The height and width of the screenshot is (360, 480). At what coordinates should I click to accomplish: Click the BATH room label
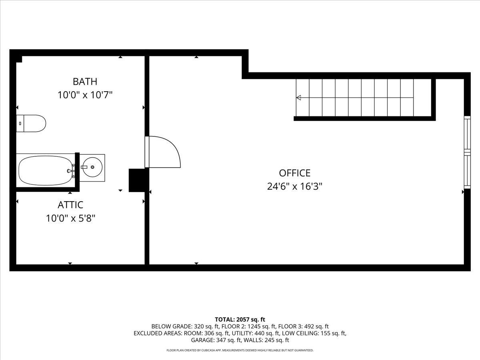tap(85, 82)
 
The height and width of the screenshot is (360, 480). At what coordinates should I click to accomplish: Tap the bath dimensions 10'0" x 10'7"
tap(85, 95)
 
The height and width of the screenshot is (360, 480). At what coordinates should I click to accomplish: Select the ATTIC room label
tap(70, 205)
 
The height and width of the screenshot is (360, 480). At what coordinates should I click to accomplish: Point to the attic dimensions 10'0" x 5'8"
tap(70, 218)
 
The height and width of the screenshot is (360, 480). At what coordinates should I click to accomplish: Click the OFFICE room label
tap(295, 173)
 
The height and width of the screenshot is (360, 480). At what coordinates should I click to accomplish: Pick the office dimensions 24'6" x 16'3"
tap(295, 186)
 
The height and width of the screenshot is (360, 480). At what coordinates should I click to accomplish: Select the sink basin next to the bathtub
tap(92, 168)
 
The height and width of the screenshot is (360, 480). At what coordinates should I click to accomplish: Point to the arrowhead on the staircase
tap(298, 98)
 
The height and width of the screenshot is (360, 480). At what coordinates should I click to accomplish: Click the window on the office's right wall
tap(467, 152)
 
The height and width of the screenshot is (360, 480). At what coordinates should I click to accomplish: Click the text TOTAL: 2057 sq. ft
tap(240, 319)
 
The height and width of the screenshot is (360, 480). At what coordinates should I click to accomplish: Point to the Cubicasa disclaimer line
tap(240, 350)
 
